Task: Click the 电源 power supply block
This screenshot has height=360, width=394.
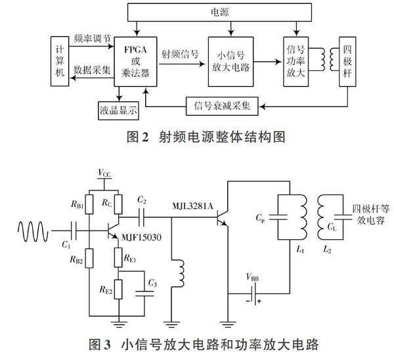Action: pyautogui.click(x=216, y=11)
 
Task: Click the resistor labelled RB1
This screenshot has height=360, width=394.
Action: pyautogui.click(x=90, y=204)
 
